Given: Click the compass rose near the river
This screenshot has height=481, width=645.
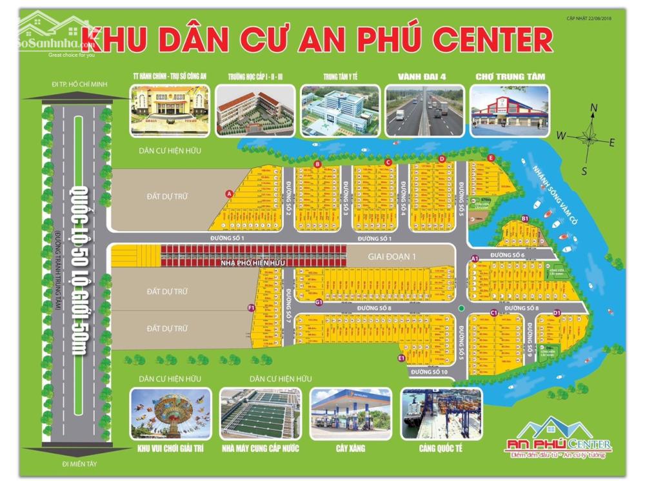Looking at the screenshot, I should click(589, 138).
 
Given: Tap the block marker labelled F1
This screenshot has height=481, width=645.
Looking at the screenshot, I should click(252, 308).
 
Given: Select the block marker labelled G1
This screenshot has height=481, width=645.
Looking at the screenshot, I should click(319, 302).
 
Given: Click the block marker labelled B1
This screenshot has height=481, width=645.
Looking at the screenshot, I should click(525, 218).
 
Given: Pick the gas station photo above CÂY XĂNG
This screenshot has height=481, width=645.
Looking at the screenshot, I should click(351, 414).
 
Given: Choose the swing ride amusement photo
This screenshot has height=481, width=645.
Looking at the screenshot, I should click(170, 414).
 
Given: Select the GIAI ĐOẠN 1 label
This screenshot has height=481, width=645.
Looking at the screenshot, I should click(392, 256).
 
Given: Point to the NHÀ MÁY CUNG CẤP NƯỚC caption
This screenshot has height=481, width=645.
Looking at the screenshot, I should click(260, 448).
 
